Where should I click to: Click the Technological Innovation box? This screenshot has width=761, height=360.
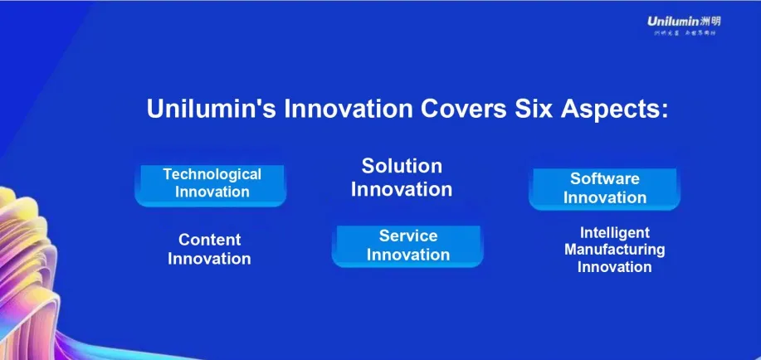(x=211, y=184)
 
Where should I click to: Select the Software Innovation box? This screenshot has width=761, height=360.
(x=604, y=188)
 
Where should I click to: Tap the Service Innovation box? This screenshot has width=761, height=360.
(x=407, y=246)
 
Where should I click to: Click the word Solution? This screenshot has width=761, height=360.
(x=402, y=166)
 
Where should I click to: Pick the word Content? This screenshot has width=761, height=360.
(x=209, y=240)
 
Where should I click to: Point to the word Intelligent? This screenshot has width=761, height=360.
(x=614, y=233)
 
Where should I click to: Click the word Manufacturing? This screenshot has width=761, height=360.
(x=614, y=250)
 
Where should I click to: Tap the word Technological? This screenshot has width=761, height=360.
(x=212, y=174)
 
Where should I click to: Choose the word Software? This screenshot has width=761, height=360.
(x=604, y=178)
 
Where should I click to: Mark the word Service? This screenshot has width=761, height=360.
(x=407, y=236)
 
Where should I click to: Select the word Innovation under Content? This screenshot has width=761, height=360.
(x=209, y=259)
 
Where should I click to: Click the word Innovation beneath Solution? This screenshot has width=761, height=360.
(x=402, y=189)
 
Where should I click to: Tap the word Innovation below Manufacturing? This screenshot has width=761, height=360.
(x=614, y=267)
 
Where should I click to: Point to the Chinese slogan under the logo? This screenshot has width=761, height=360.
(x=683, y=33)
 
